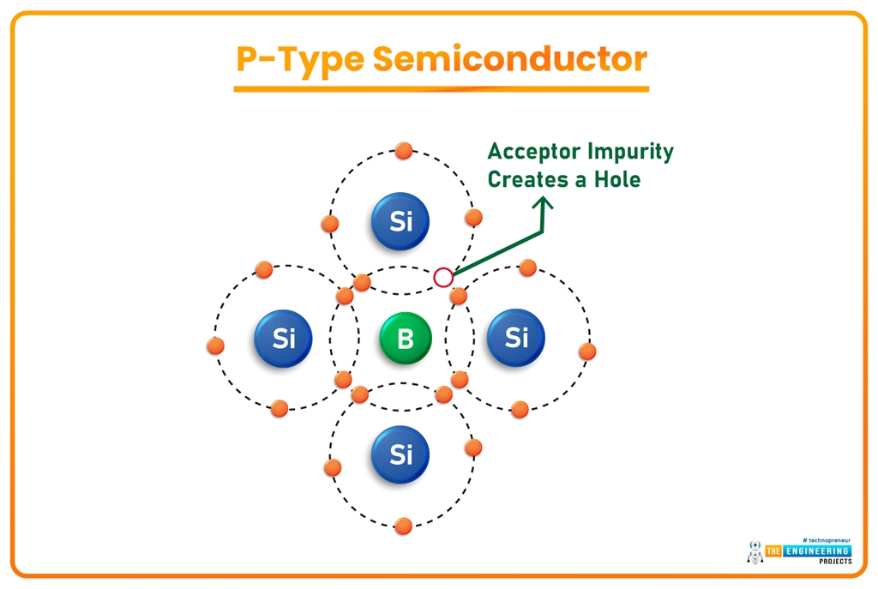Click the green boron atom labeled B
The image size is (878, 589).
click(405, 339)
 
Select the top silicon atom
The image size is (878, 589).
click(400, 222)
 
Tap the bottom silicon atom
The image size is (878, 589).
click(400, 454)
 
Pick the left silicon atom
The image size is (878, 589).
click(284, 339)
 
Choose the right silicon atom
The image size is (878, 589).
click(516, 338)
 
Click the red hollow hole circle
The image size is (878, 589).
click(442, 277)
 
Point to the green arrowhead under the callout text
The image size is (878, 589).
click(543, 205)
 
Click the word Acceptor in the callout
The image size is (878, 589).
click(532, 153)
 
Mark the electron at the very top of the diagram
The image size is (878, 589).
click(404, 152)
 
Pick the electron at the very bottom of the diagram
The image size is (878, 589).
click(403, 526)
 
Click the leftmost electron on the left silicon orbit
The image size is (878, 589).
click(216, 346)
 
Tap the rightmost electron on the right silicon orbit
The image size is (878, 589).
click(587, 351)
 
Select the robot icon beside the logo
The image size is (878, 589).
click(755, 552)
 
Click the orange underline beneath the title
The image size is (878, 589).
click(441, 88)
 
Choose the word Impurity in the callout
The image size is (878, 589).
click(630, 153)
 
